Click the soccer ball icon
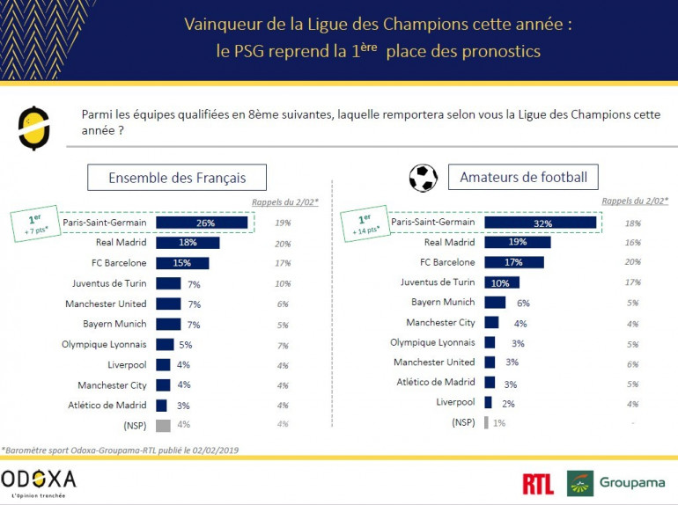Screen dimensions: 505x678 [x=423, y=178]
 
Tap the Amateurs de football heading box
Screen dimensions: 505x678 [x=523, y=178]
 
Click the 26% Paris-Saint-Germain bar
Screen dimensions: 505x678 [x=202, y=223]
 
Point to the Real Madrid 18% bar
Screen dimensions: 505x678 [x=188, y=243]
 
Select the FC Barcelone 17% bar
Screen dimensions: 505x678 [x=513, y=262]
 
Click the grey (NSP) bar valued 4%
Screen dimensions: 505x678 [x=163, y=425]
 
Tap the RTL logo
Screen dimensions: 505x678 [x=537, y=483]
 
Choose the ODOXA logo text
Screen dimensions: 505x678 [x=39, y=479]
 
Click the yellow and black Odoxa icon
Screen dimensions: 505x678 [x=34, y=128]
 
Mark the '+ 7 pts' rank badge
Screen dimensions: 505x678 [x=35, y=223]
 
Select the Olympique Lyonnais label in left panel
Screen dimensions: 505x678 [x=105, y=344]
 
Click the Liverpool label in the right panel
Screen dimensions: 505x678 [x=455, y=402]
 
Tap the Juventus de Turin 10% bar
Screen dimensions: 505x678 [x=501, y=282]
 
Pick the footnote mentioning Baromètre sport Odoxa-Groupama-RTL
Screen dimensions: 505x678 [x=120, y=450]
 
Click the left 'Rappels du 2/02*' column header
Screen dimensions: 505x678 [x=285, y=202]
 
